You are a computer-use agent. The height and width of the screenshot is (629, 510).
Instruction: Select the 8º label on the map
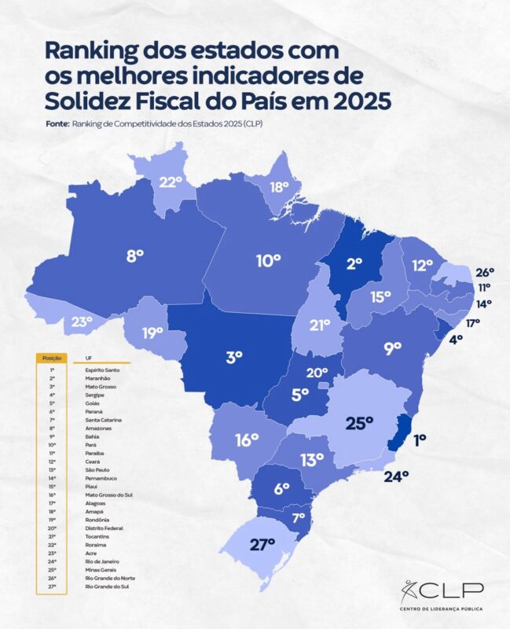coord(135,256)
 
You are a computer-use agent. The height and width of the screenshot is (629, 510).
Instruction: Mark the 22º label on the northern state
coord(171,183)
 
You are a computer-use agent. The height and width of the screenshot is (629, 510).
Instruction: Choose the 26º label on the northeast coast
coord(484,273)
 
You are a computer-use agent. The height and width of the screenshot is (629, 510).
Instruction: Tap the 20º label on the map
coord(317,373)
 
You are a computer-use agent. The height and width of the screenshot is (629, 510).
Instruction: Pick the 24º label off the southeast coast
coord(395,476)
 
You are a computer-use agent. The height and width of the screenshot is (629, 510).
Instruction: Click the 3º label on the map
coord(233,357)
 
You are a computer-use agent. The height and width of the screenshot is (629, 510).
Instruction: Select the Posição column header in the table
coord(50,358)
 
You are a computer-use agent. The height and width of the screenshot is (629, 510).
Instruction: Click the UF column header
coord(76,358)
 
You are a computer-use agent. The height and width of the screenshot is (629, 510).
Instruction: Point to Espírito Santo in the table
coord(92,369)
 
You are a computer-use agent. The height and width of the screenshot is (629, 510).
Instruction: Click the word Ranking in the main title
coord(93,50)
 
